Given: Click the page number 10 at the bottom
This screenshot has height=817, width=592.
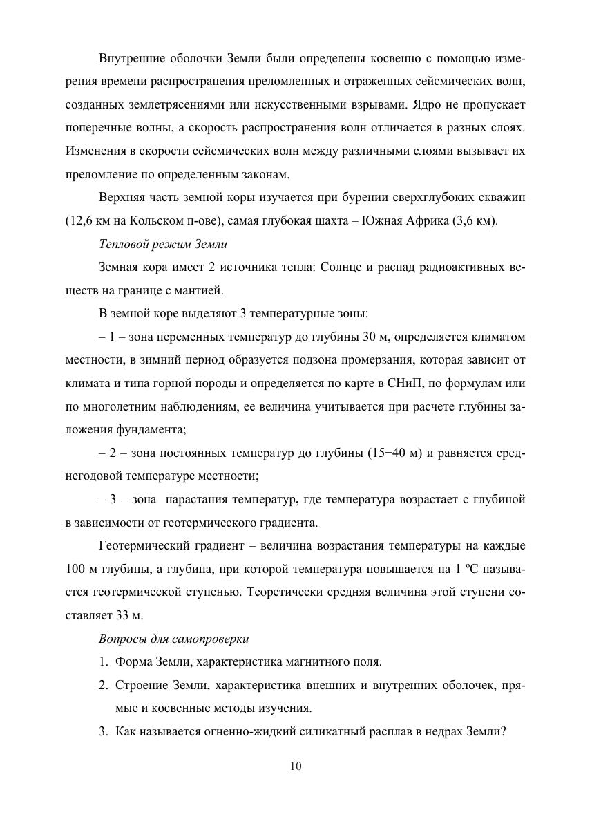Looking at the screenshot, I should tap(296, 766).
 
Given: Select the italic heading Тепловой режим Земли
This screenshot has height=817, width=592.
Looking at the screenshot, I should tap(163, 244).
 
